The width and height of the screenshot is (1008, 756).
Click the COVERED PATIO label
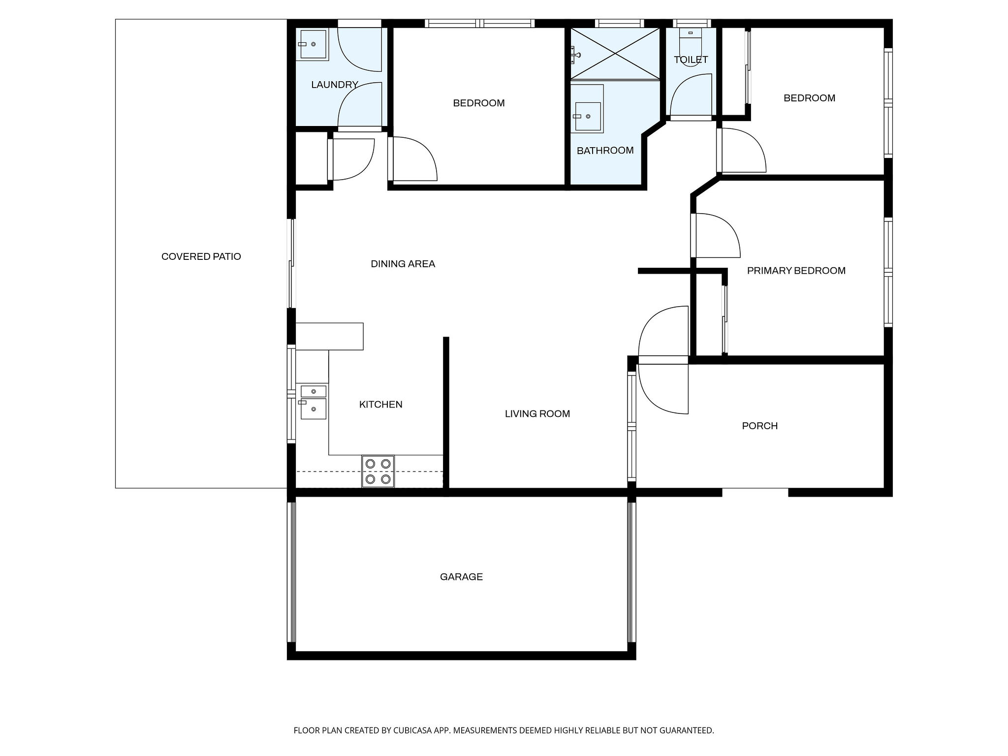tap(201, 256)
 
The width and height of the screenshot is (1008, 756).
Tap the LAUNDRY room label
tap(334, 85)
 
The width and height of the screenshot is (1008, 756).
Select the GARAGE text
tap(461, 577)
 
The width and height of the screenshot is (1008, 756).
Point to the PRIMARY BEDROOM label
tap(796, 271)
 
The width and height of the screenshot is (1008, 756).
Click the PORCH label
tap(759, 426)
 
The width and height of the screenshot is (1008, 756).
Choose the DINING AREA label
tap(403, 264)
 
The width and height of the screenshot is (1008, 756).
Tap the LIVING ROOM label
tap(537, 414)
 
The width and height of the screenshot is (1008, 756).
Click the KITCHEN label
tap(380, 405)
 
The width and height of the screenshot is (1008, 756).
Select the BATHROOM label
tap(605, 151)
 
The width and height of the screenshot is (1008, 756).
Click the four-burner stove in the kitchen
tap(378, 472)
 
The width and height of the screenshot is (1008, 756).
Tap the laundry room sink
tap(314, 44)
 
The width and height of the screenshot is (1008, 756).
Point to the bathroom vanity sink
tap(587, 116)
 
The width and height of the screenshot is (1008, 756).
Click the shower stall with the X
tap(615, 54)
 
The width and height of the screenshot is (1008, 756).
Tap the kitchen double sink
tap(314, 403)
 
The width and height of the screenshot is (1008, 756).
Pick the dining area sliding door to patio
tap(291, 263)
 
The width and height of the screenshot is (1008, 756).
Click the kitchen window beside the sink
tap(291, 394)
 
